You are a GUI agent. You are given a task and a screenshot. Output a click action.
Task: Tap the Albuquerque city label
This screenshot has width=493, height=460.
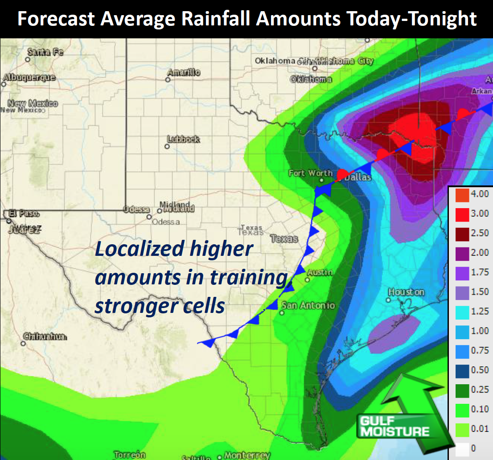point(29,78)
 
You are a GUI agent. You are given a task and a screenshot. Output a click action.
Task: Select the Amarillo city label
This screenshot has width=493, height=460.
point(184,72)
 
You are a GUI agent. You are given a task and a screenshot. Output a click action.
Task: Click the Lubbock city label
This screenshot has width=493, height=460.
point(183,140)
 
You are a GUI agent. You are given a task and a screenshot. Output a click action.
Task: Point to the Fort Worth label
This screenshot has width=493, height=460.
point(310,173)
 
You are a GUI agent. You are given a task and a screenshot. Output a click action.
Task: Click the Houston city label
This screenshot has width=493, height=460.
point(406,292)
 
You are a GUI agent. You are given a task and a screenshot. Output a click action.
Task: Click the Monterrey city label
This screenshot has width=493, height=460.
point(246,455)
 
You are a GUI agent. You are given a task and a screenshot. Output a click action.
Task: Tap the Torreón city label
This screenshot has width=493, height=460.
point(130,455)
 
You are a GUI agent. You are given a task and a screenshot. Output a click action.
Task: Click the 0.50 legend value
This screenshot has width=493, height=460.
point(481,370)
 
